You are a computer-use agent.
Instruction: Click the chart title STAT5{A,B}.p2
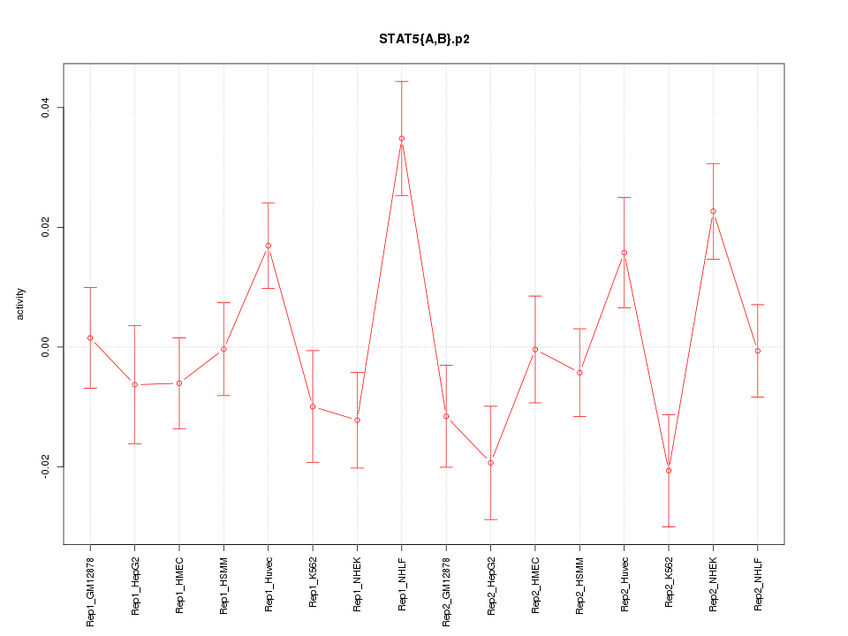[x=423, y=39]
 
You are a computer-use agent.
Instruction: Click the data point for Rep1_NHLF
[x=401, y=139]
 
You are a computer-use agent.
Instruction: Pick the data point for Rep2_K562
[x=669, y=471]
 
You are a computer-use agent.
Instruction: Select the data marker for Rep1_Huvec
[x=268, y=246]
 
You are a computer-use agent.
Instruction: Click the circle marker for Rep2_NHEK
[x=713, y=211]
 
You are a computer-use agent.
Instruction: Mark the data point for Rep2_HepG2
[x=490, y=463]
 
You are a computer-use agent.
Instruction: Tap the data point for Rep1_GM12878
[x=90, y=338]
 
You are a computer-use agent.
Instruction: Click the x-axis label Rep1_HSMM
[x=224, y=585]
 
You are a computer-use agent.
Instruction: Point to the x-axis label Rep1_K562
[x=313, y=583]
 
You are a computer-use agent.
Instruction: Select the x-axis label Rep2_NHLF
[x=758, y=584]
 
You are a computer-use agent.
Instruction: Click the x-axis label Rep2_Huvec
[x=625, y=585]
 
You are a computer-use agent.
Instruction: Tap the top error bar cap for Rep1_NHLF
[x=401, y=81]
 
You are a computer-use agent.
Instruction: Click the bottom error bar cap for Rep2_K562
[x=669, y=526]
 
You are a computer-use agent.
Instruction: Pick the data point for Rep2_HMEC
[x=535, y=350]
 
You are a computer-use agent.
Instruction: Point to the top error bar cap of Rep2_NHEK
[x=713, y=163]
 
